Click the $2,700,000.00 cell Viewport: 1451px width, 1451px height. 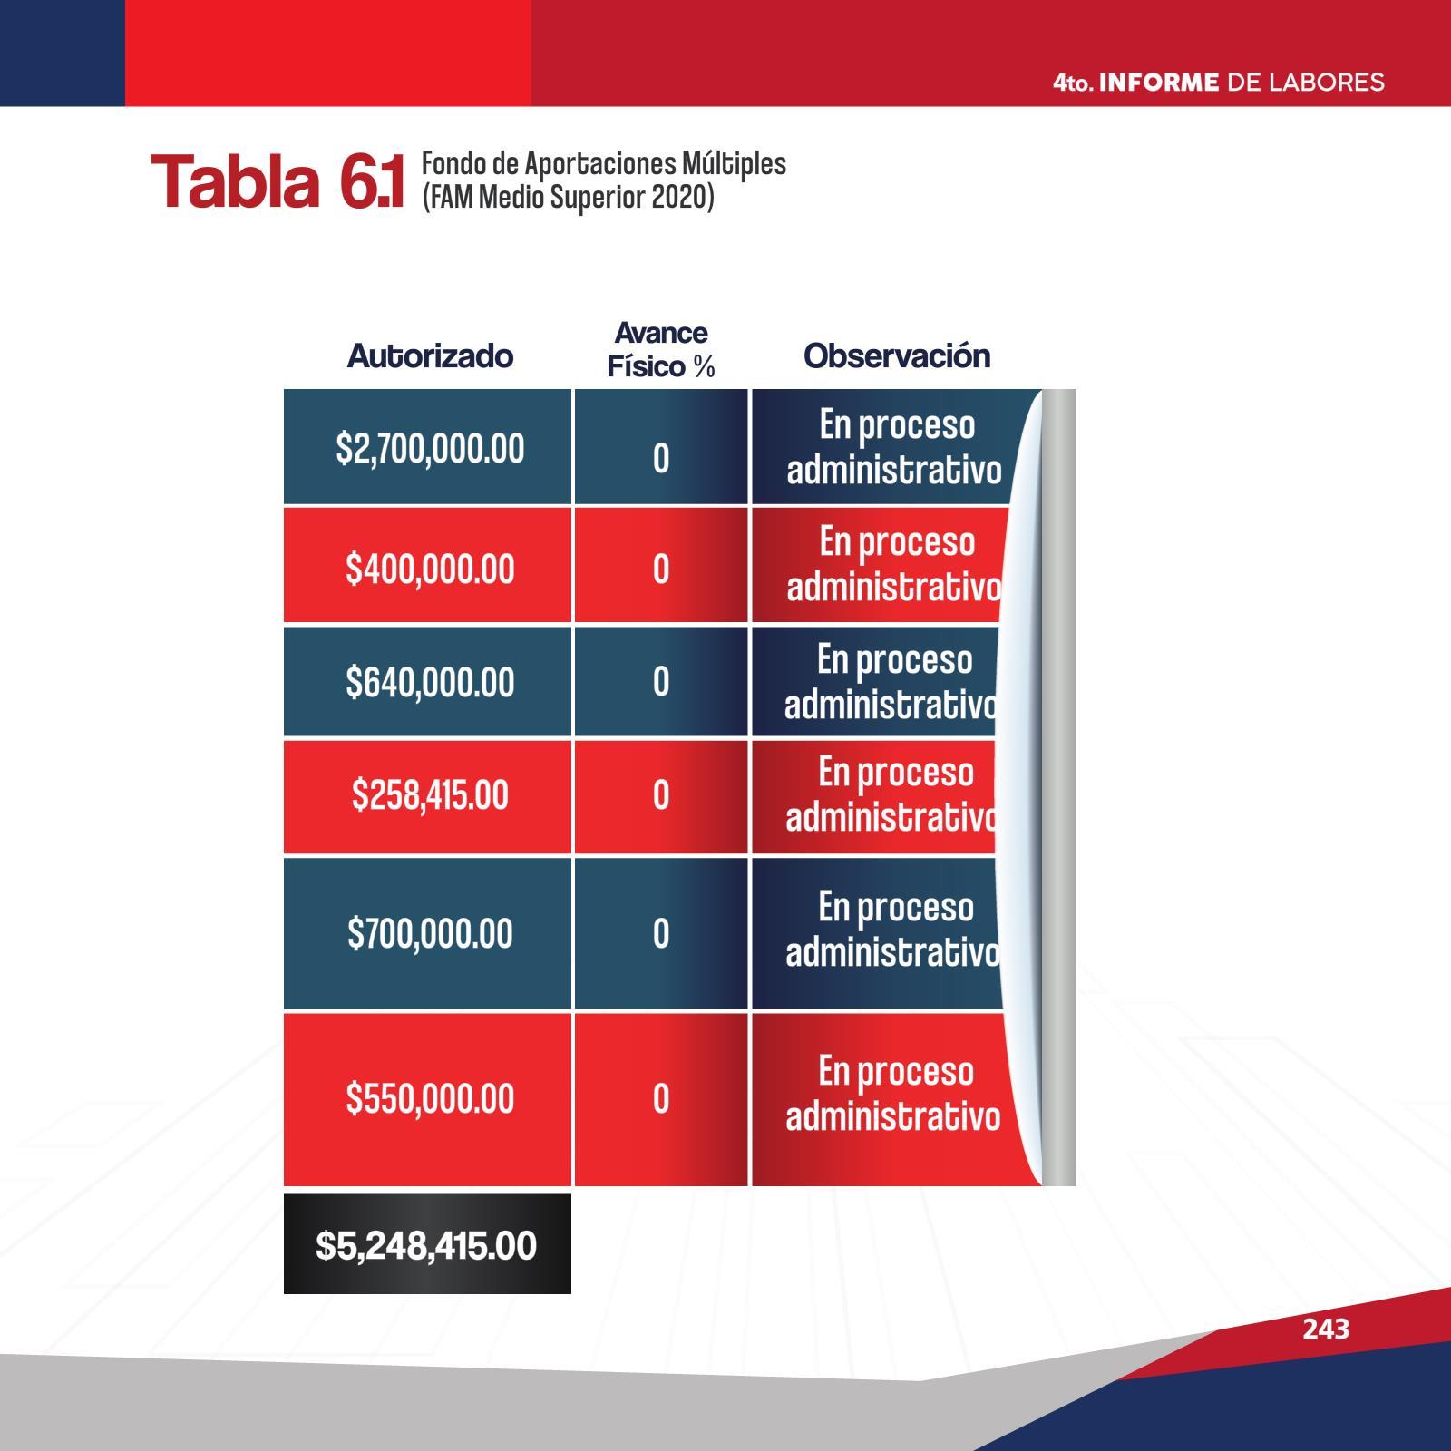430,449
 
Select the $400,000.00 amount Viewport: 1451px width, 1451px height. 430,570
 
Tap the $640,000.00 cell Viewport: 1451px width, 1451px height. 430,682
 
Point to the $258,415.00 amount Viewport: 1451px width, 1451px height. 430,795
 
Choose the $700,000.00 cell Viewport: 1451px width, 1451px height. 430,933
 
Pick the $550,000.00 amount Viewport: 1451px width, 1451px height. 430,1098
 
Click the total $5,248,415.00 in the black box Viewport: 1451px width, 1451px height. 426,1245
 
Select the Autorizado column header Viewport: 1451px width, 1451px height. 430,356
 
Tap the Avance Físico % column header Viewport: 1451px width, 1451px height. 661,349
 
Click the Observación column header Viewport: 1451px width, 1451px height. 897,356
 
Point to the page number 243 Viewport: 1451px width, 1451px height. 1326,1329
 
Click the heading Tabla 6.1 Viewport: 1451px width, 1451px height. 278,181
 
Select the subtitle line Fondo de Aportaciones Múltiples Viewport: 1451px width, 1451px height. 604,164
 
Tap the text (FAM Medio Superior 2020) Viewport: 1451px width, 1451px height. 569,197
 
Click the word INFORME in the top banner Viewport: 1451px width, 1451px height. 1159,83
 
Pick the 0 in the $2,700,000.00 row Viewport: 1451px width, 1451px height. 661,459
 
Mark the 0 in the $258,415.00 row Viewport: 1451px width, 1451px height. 661,795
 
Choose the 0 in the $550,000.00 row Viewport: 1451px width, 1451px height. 661,1099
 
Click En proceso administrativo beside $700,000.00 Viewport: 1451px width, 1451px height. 893,930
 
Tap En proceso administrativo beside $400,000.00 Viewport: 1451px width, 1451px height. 894,564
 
